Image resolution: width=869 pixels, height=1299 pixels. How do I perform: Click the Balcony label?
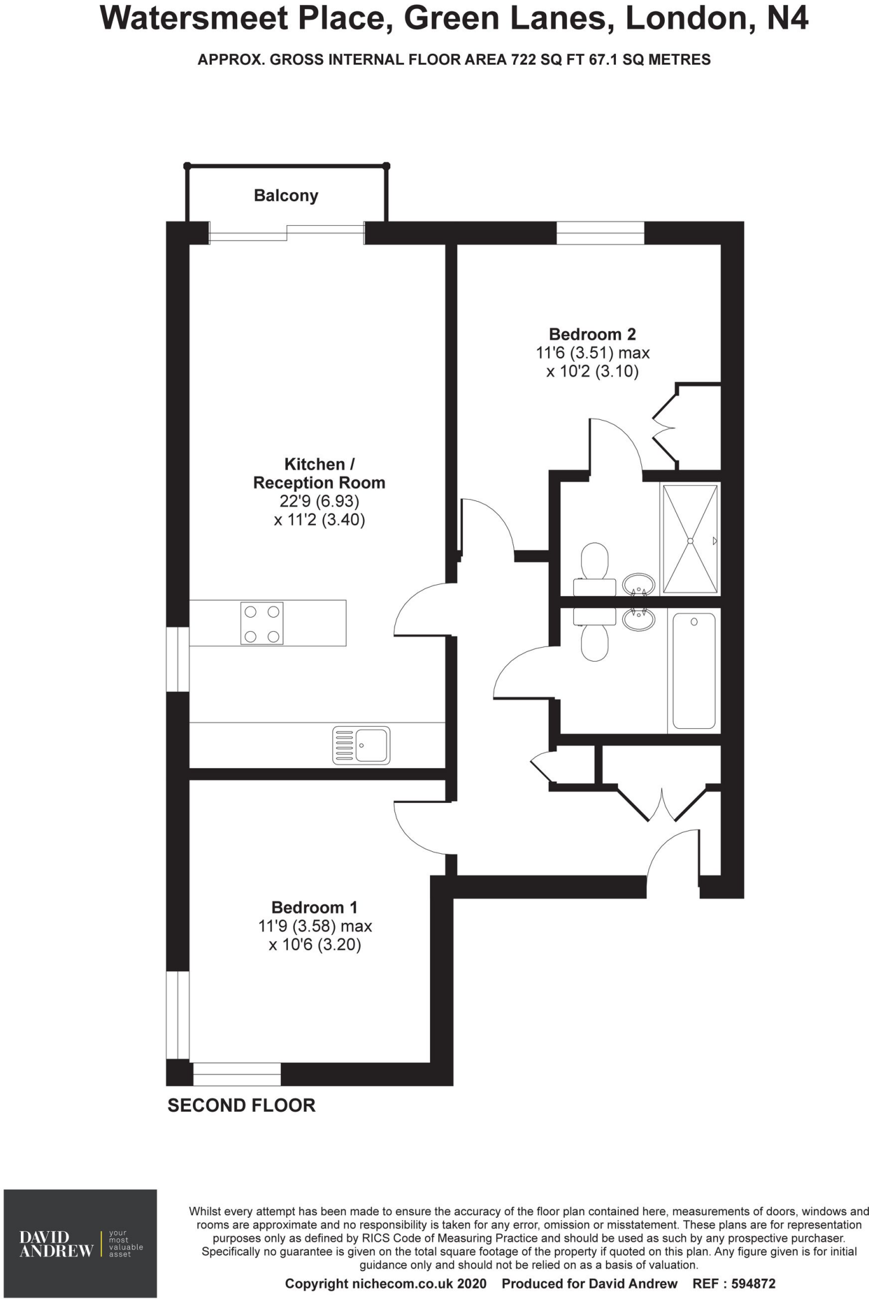pyautogui.click(x=285, y=195)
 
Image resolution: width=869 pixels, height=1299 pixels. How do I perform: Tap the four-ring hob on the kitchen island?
pyautogui.click(x=262, y=623)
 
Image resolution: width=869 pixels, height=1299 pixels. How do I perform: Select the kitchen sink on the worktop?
pyautogui.click(x=362, y=745)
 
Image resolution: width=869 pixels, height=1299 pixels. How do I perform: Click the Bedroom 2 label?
pyautogui.click(x=592, y=334)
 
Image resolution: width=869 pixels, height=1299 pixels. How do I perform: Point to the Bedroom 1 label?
pyautogui.click(x=314, y=908)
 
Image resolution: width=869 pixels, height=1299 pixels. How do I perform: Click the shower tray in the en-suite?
pyautogui.click(x=690, y=540)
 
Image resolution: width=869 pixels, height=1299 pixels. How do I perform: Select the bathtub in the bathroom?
pyautogui.click(x=694, y=670)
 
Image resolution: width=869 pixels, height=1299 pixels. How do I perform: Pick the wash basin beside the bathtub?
pyautogui.click(x=638, y=618)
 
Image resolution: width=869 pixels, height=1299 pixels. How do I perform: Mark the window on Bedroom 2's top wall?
pyautogui.click(x=600, y=233)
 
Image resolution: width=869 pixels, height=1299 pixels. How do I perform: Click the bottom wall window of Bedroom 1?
pyautogui.click(x=237, y=1074)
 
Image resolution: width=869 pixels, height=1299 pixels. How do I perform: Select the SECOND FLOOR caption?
pyautogui.click(x=241, y=1106)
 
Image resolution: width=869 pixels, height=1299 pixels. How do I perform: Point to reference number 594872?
pyautogui.click(x=753, y=1284)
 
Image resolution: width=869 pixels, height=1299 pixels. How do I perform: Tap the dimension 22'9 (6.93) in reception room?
pyautogui.click(x=319, y=501)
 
